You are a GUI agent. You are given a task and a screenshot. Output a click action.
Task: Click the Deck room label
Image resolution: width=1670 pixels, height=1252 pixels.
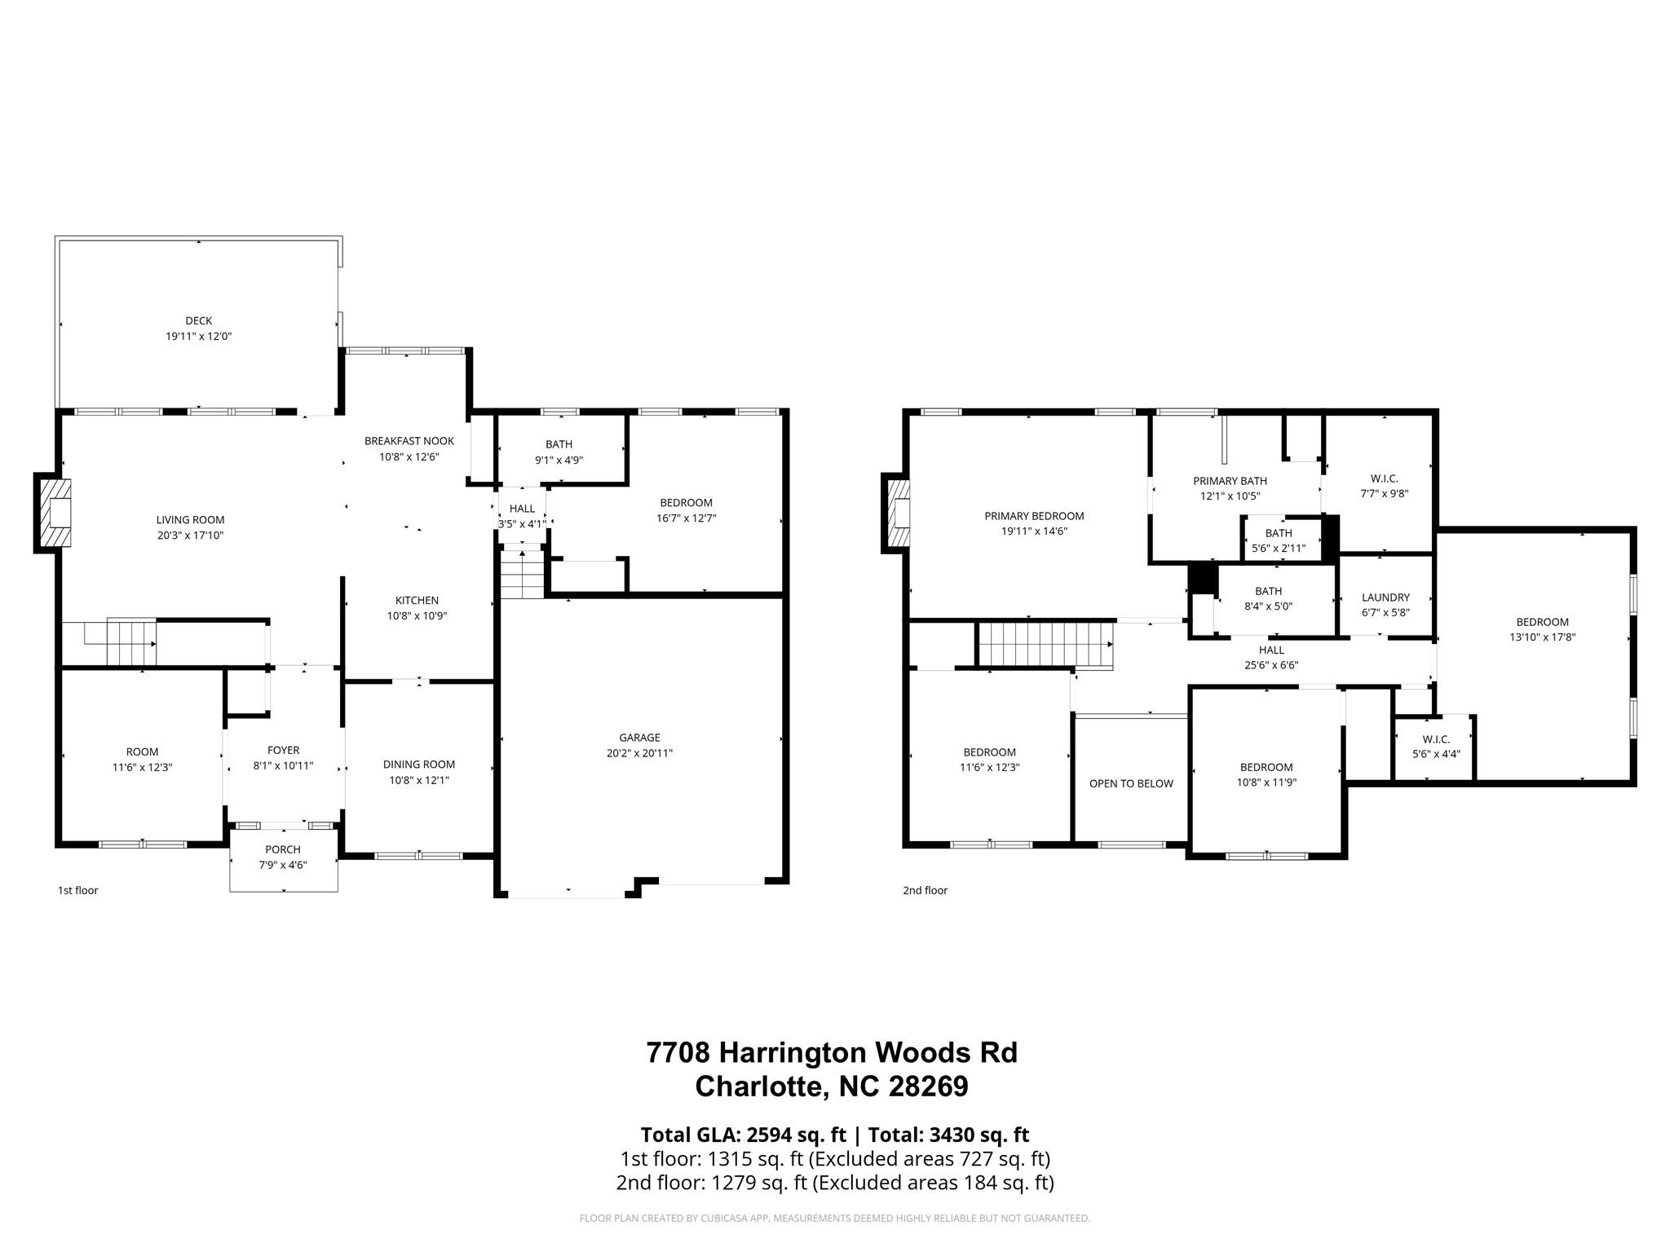(x=198, y=320)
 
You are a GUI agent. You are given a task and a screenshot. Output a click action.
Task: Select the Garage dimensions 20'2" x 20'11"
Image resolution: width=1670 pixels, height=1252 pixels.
(x=638, y=753)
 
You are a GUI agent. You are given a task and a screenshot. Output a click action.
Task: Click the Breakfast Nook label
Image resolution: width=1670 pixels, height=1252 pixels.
(x=409, y=441)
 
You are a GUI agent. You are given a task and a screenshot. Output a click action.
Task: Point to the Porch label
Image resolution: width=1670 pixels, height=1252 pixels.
(x=282, y=849)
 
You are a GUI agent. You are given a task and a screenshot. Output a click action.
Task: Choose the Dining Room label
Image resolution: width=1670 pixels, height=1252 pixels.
(x=418, y=764)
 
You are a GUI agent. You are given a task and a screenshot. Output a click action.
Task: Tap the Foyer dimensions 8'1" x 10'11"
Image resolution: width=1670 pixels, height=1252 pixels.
(x=283, y=765)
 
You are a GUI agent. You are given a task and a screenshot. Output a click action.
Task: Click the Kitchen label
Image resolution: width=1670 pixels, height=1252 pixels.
(x=417, y=600)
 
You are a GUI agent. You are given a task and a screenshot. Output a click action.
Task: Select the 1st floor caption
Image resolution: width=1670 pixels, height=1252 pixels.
(x=77, y=890)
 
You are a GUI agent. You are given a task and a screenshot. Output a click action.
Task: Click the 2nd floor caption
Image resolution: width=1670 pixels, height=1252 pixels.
(x=925, y=890)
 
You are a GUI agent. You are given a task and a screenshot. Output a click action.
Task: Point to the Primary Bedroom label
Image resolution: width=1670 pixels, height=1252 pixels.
(x=1034, y=515)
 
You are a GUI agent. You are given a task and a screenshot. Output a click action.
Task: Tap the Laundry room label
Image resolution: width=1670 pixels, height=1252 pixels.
(x=1385, y=597)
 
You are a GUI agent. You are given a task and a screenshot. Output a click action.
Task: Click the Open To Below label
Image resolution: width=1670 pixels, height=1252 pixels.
(x=1131, y=783)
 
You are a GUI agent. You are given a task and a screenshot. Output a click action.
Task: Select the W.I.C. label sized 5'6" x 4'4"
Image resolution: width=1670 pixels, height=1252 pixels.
(x=1436, y=739)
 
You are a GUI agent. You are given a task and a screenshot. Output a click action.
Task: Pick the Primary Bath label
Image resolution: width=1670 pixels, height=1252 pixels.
(x=1230, y=481)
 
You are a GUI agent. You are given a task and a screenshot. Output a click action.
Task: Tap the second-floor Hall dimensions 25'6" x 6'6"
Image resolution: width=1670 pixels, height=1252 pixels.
(x=1271, y=664)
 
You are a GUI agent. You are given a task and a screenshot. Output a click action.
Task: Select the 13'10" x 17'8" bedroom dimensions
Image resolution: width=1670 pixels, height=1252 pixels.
(x=1542, y=637)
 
